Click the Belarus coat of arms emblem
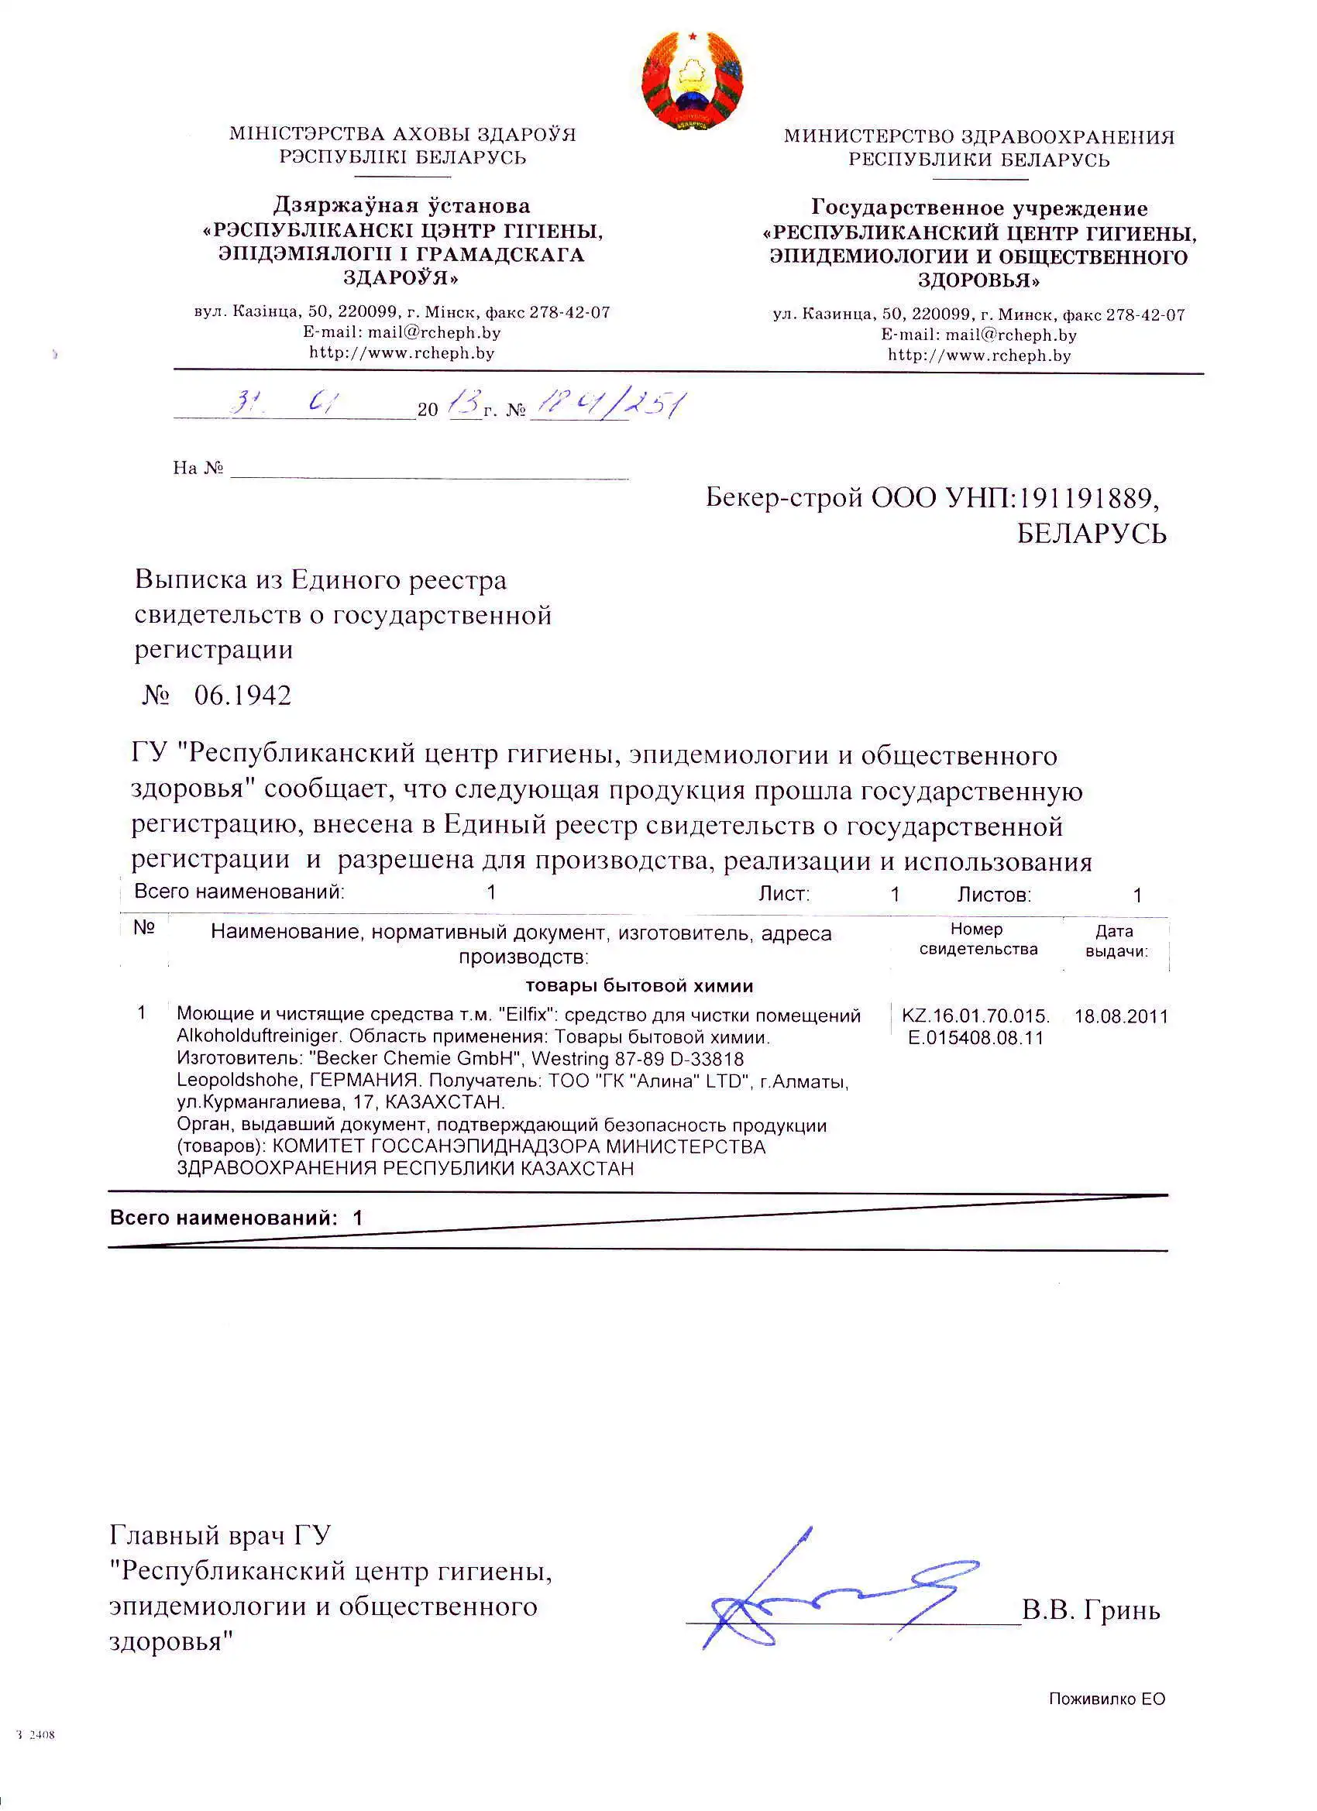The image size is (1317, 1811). point(692,81)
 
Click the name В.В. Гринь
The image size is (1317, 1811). point(1090,1610)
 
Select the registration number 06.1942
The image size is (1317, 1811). point(242,695)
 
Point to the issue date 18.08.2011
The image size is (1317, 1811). point(1120,1016)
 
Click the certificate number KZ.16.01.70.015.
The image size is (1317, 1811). point(975,1015)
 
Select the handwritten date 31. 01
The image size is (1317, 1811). point(284,404)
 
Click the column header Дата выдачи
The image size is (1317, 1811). point(1116,941)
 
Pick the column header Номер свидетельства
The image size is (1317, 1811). point(978,939)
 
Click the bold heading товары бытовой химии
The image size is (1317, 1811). point(639,985)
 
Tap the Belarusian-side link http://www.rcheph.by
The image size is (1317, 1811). point(402,353)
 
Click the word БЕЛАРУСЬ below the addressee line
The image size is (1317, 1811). point(1091,534)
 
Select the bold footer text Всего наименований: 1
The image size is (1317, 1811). point(236,1218)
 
